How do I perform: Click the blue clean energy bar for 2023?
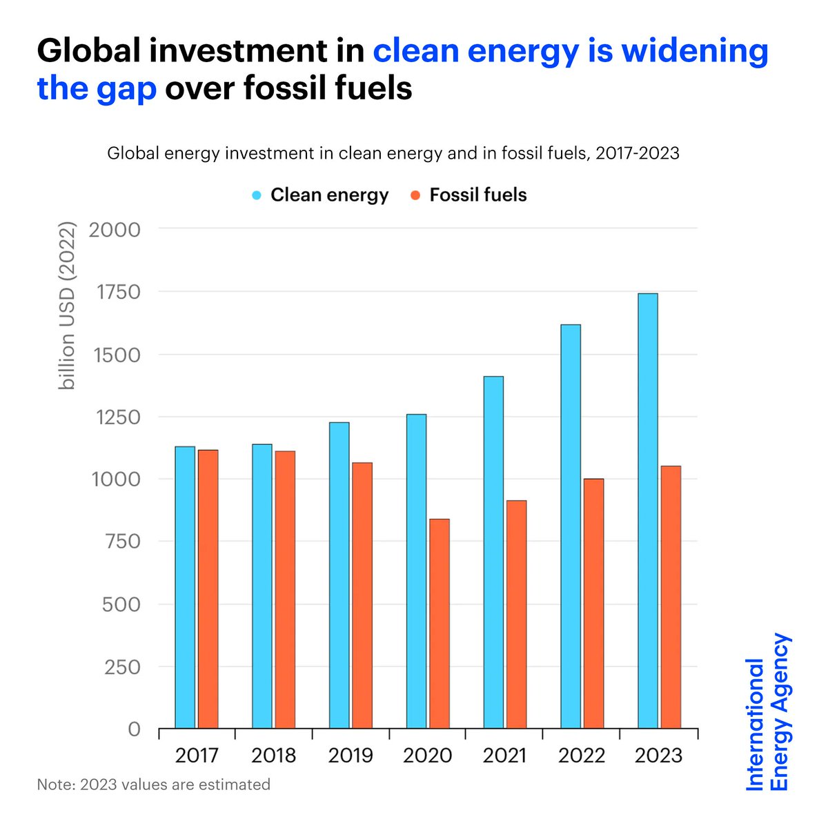647,511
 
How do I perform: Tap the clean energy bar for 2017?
185,587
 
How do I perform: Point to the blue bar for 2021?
493,552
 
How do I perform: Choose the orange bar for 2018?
285,589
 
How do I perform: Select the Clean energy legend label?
329,195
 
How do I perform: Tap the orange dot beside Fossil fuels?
415,195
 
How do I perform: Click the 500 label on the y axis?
121,604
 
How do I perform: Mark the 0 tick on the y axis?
134,729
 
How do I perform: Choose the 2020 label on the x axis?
427,756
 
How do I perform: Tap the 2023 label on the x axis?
658,756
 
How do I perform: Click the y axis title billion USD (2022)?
67,306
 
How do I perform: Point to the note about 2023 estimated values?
153,785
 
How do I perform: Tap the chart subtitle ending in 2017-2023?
393,153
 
